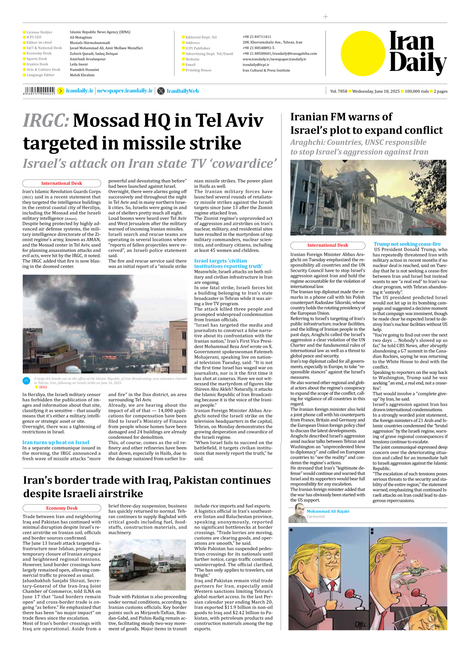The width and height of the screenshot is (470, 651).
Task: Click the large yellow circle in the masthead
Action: (x=363, y=53)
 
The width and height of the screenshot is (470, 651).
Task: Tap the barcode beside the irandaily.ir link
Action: (x=39, y=90)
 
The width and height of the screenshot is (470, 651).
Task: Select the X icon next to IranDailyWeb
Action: (x=161, y=91)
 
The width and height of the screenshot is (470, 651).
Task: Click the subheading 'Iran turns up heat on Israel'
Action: (x=56, y=442)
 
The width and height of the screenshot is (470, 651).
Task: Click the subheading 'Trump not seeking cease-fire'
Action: (x=407, y=244)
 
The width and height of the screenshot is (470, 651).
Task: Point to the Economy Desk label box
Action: (x=62, y=508)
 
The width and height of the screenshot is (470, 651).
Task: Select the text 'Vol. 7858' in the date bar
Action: (x=338, y=91)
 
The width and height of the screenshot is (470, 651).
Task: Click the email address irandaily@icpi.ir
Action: (x=256, y=65)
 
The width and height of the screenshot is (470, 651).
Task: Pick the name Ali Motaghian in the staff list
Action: (x=81, y=37)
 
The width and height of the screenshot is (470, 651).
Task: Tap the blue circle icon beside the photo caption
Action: (x=26, y=381)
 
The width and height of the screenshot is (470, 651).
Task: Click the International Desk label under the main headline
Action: (x=62, y=183)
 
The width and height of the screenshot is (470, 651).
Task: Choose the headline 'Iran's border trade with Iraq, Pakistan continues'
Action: (x=147, y=480)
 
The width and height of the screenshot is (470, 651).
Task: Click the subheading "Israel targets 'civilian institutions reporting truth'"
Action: (x=228, y=263)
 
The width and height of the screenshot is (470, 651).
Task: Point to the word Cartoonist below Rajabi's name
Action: (x=315, y=517)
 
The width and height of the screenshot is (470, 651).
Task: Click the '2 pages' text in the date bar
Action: (x=440, y=91)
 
